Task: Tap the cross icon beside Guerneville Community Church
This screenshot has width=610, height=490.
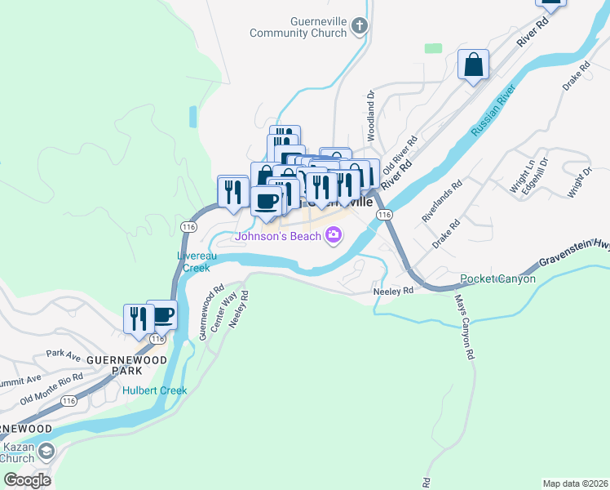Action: [359, 27]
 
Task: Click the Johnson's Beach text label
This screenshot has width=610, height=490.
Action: [277, 237]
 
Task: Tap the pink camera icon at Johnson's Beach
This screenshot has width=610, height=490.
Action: [333, 237]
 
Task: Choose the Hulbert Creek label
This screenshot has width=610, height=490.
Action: [155, 390]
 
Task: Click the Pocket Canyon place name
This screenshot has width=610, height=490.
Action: [497, 279]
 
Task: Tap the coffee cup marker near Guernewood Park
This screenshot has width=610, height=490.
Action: [163, 315]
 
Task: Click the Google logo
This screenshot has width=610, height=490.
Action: [26, 479]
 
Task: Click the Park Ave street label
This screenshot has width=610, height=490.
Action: [64, 354]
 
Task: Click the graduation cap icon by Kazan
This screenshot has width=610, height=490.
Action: [46, 452]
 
